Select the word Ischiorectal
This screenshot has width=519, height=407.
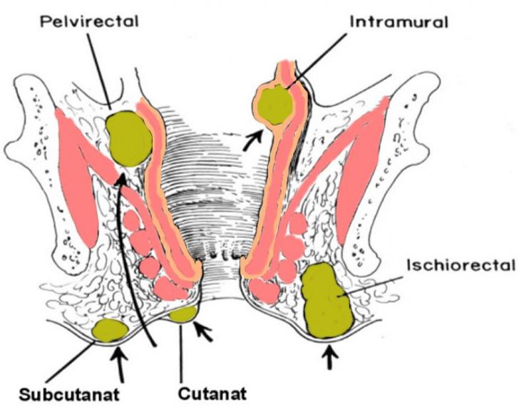(x=460, y=267)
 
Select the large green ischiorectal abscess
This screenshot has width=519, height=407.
(x=327, y=300)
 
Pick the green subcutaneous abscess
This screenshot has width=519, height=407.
(x=110, y=329)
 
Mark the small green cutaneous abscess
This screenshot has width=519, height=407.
(x=183, y=312)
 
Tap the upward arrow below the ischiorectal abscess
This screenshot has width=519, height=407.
(x=328, y=356)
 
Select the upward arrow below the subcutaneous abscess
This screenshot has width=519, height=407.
(x=120, y=360)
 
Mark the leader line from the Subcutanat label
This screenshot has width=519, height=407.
(x=71, y=364)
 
